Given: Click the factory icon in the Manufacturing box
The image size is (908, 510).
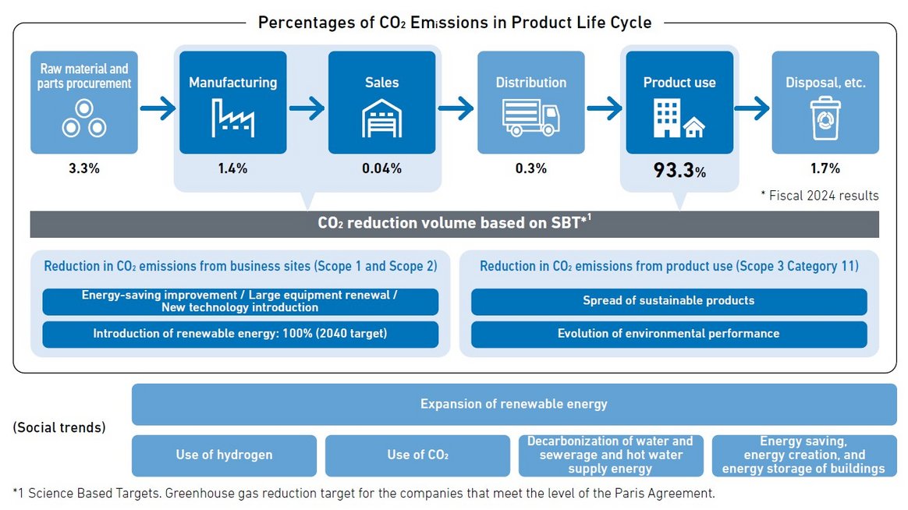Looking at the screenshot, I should pos(232,118).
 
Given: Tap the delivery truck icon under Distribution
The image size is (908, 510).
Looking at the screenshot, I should pos(530,118).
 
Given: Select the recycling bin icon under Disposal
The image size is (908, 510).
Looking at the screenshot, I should pos(825,119).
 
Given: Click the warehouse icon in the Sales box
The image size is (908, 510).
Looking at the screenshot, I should pos(381,119).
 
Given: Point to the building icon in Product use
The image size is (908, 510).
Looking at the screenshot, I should pos(679,119).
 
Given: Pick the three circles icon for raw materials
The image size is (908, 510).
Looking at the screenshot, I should pos(84,119).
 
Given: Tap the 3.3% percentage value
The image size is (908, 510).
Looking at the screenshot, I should pos(84,168).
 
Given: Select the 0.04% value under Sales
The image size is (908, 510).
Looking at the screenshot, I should pos(381,168).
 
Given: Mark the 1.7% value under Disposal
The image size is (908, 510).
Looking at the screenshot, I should pos(825,168).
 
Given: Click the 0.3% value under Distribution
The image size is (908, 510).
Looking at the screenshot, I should pos(530,168).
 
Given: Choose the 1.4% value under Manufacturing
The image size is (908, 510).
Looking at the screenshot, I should pos(232,168).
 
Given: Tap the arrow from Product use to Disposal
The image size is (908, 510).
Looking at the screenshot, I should pos(752,108).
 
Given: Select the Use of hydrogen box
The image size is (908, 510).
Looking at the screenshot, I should pos(224,455).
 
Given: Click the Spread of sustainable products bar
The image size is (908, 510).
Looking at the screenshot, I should pos(669,301).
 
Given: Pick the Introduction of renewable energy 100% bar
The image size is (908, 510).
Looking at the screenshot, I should pos(240,334).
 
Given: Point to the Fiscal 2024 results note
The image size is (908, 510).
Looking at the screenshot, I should pos(819,196).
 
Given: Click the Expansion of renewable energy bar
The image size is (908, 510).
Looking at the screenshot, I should pos(513,404).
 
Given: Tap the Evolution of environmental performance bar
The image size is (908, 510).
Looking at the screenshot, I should pos(669,334).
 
